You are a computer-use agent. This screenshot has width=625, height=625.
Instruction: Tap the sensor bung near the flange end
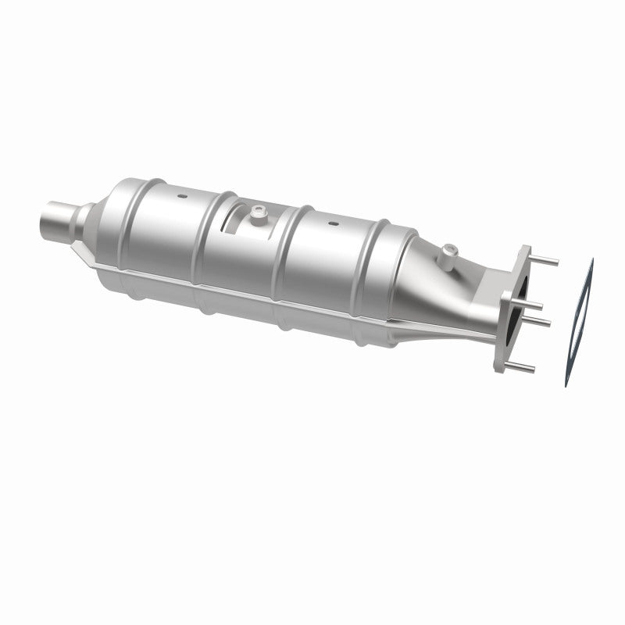point(448,252)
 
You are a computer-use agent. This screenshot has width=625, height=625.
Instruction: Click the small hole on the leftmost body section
point(180,195)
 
